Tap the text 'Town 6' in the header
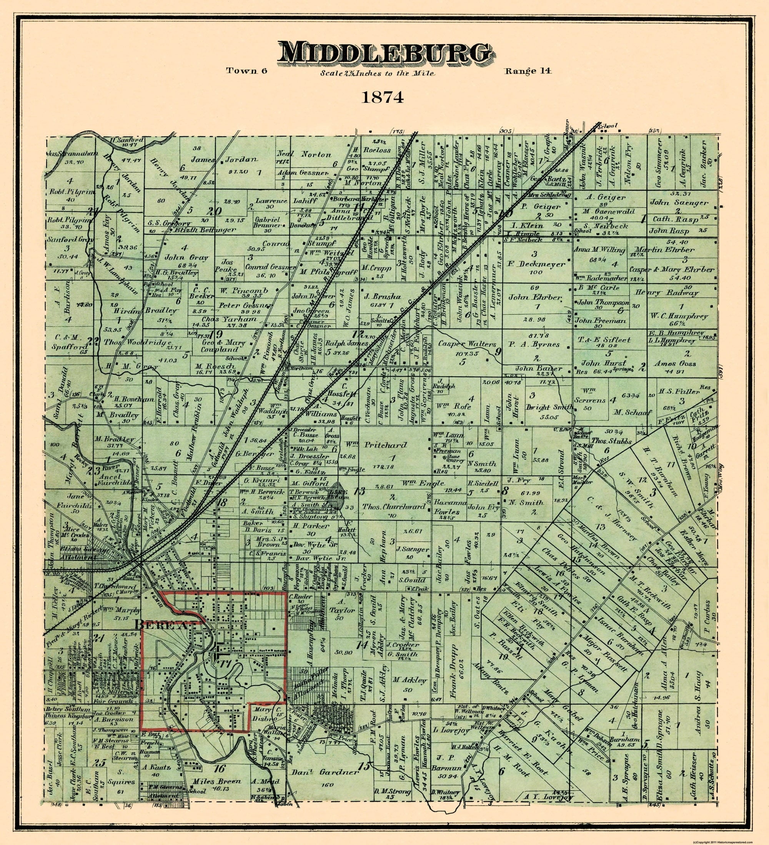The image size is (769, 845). (x=247, y=71)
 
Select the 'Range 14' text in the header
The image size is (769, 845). (x=528, y=70)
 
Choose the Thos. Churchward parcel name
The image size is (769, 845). (x=393, y=506)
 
